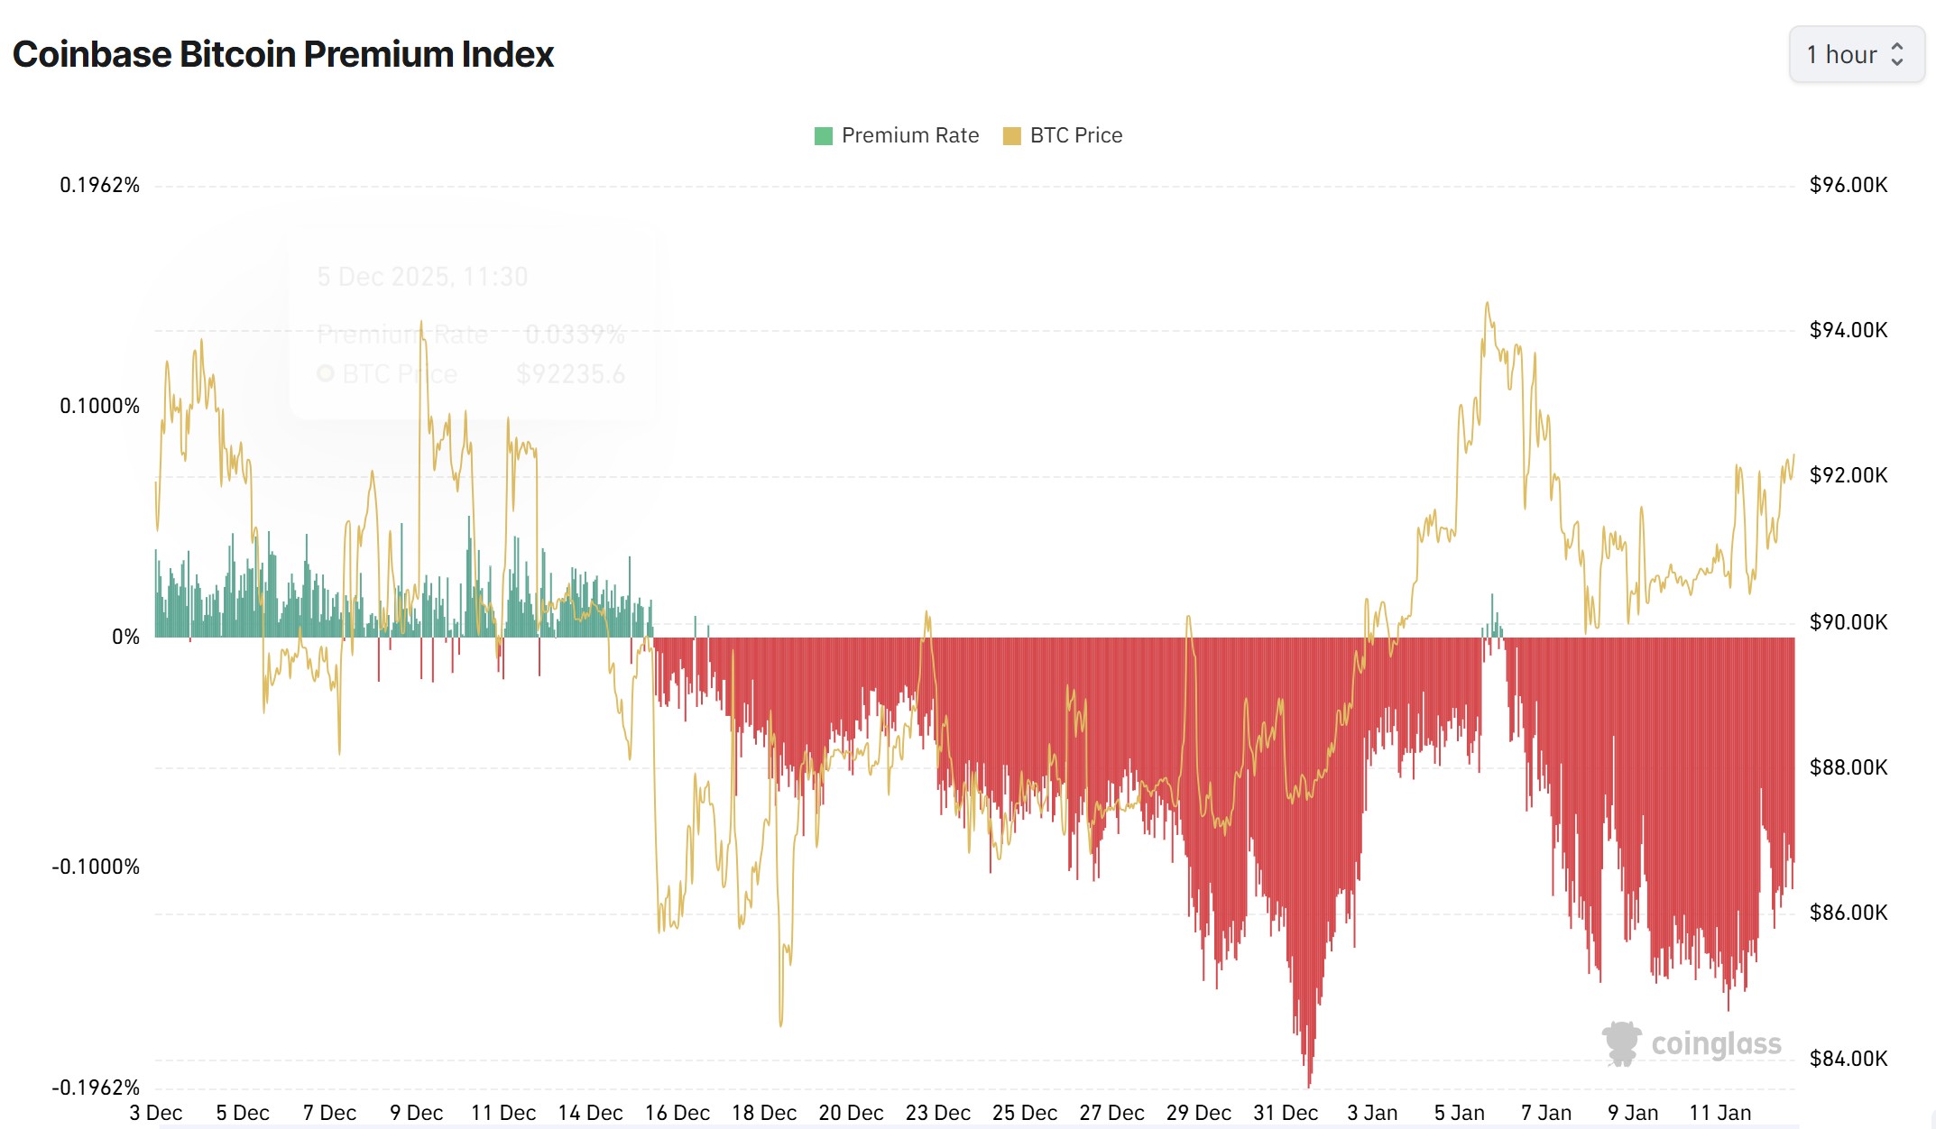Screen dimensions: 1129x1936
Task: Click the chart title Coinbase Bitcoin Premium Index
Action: point(283,55)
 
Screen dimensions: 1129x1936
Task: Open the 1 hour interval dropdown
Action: point(1856,55)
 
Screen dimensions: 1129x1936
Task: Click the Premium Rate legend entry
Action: point(897,135)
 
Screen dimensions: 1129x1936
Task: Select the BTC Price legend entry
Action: point(1064,135)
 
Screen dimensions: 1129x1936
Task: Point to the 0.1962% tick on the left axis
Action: point(100,185)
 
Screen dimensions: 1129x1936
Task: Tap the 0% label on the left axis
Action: point(125,637)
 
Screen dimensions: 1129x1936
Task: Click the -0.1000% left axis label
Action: point(97,867)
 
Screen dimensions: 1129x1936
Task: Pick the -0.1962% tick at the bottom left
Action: point(97,1087)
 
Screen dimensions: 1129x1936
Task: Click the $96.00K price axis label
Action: point(1848,185)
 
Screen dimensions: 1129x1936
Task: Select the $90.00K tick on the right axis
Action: point(1848,621)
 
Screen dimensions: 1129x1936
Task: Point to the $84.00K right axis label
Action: point(1848,1058)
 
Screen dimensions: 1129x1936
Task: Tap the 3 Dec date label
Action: point(156,1113)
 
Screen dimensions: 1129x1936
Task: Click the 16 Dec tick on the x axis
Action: point(677,1113)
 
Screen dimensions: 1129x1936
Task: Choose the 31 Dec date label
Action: point(1286,1113)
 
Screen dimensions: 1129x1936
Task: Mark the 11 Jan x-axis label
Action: point(1719,1113)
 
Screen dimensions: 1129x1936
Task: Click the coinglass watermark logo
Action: point(1692,1044)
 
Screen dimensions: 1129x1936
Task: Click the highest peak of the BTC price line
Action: point(1488,304)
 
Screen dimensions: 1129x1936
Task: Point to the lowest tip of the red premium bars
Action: point(1309,1086)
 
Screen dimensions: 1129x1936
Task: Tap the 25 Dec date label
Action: point(1025,1113)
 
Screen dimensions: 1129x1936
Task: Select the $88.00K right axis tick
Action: point(1848,767)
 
